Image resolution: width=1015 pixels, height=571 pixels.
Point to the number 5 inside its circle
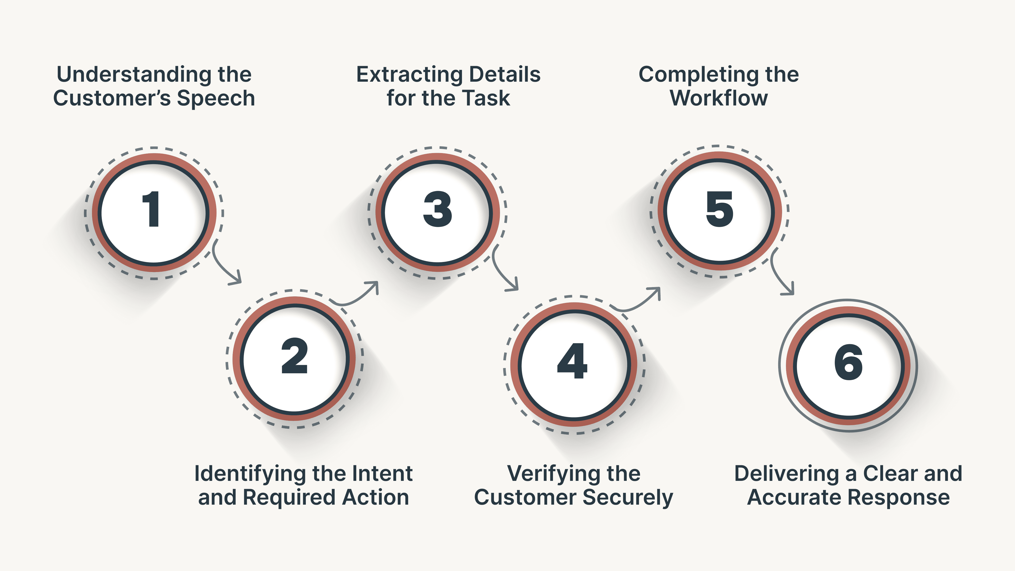point(719,209)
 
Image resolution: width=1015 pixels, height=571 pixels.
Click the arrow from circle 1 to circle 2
point(225,268)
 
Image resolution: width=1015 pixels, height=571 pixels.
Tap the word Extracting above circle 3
point(409,75)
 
